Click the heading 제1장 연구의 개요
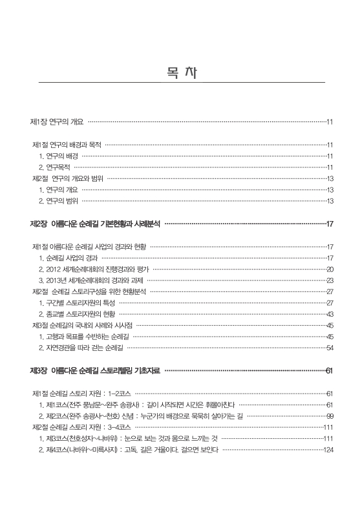pos(57,121)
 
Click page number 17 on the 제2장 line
pos(330,224)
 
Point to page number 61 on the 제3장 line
pos(330,370)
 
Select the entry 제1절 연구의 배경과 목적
pos(67,145)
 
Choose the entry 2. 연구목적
pos(54,167)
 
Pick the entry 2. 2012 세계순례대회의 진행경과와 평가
pos(94,269)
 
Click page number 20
pos(330,269)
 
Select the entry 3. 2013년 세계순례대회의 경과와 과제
pos(92,280)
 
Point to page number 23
pos(330,280)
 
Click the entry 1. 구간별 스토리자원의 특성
pos(77,302)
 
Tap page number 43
pos(330,313)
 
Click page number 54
pos(330,347)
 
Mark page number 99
pos(330,416)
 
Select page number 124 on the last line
pos(327,449)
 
